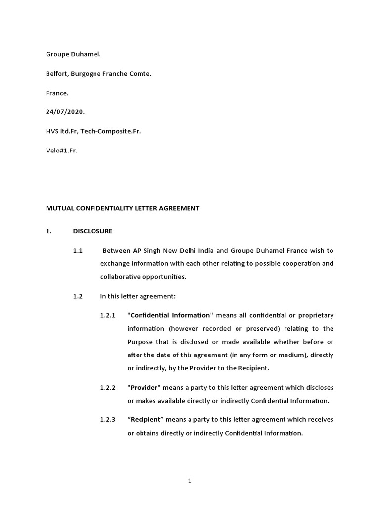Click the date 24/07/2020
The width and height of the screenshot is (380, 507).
[65, 112]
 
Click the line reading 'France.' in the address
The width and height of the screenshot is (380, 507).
[57, 93]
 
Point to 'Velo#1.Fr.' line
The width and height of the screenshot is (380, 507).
[62, 150]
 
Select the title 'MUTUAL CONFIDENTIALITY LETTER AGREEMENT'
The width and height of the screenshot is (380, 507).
[123, 208]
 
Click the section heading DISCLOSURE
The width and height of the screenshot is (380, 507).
[93, 231]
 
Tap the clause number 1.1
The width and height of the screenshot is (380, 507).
[77, 251]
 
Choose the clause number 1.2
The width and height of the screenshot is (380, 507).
[77, 296]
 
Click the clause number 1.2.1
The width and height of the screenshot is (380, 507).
[107, 315]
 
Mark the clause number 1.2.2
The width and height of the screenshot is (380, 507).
[107, 387]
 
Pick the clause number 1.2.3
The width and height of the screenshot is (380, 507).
[107, 420]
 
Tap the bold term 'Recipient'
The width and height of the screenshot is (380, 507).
[145, 420]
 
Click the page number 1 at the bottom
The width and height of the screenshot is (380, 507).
[190, 482]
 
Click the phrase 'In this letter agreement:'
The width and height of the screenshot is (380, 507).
[138, 296]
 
